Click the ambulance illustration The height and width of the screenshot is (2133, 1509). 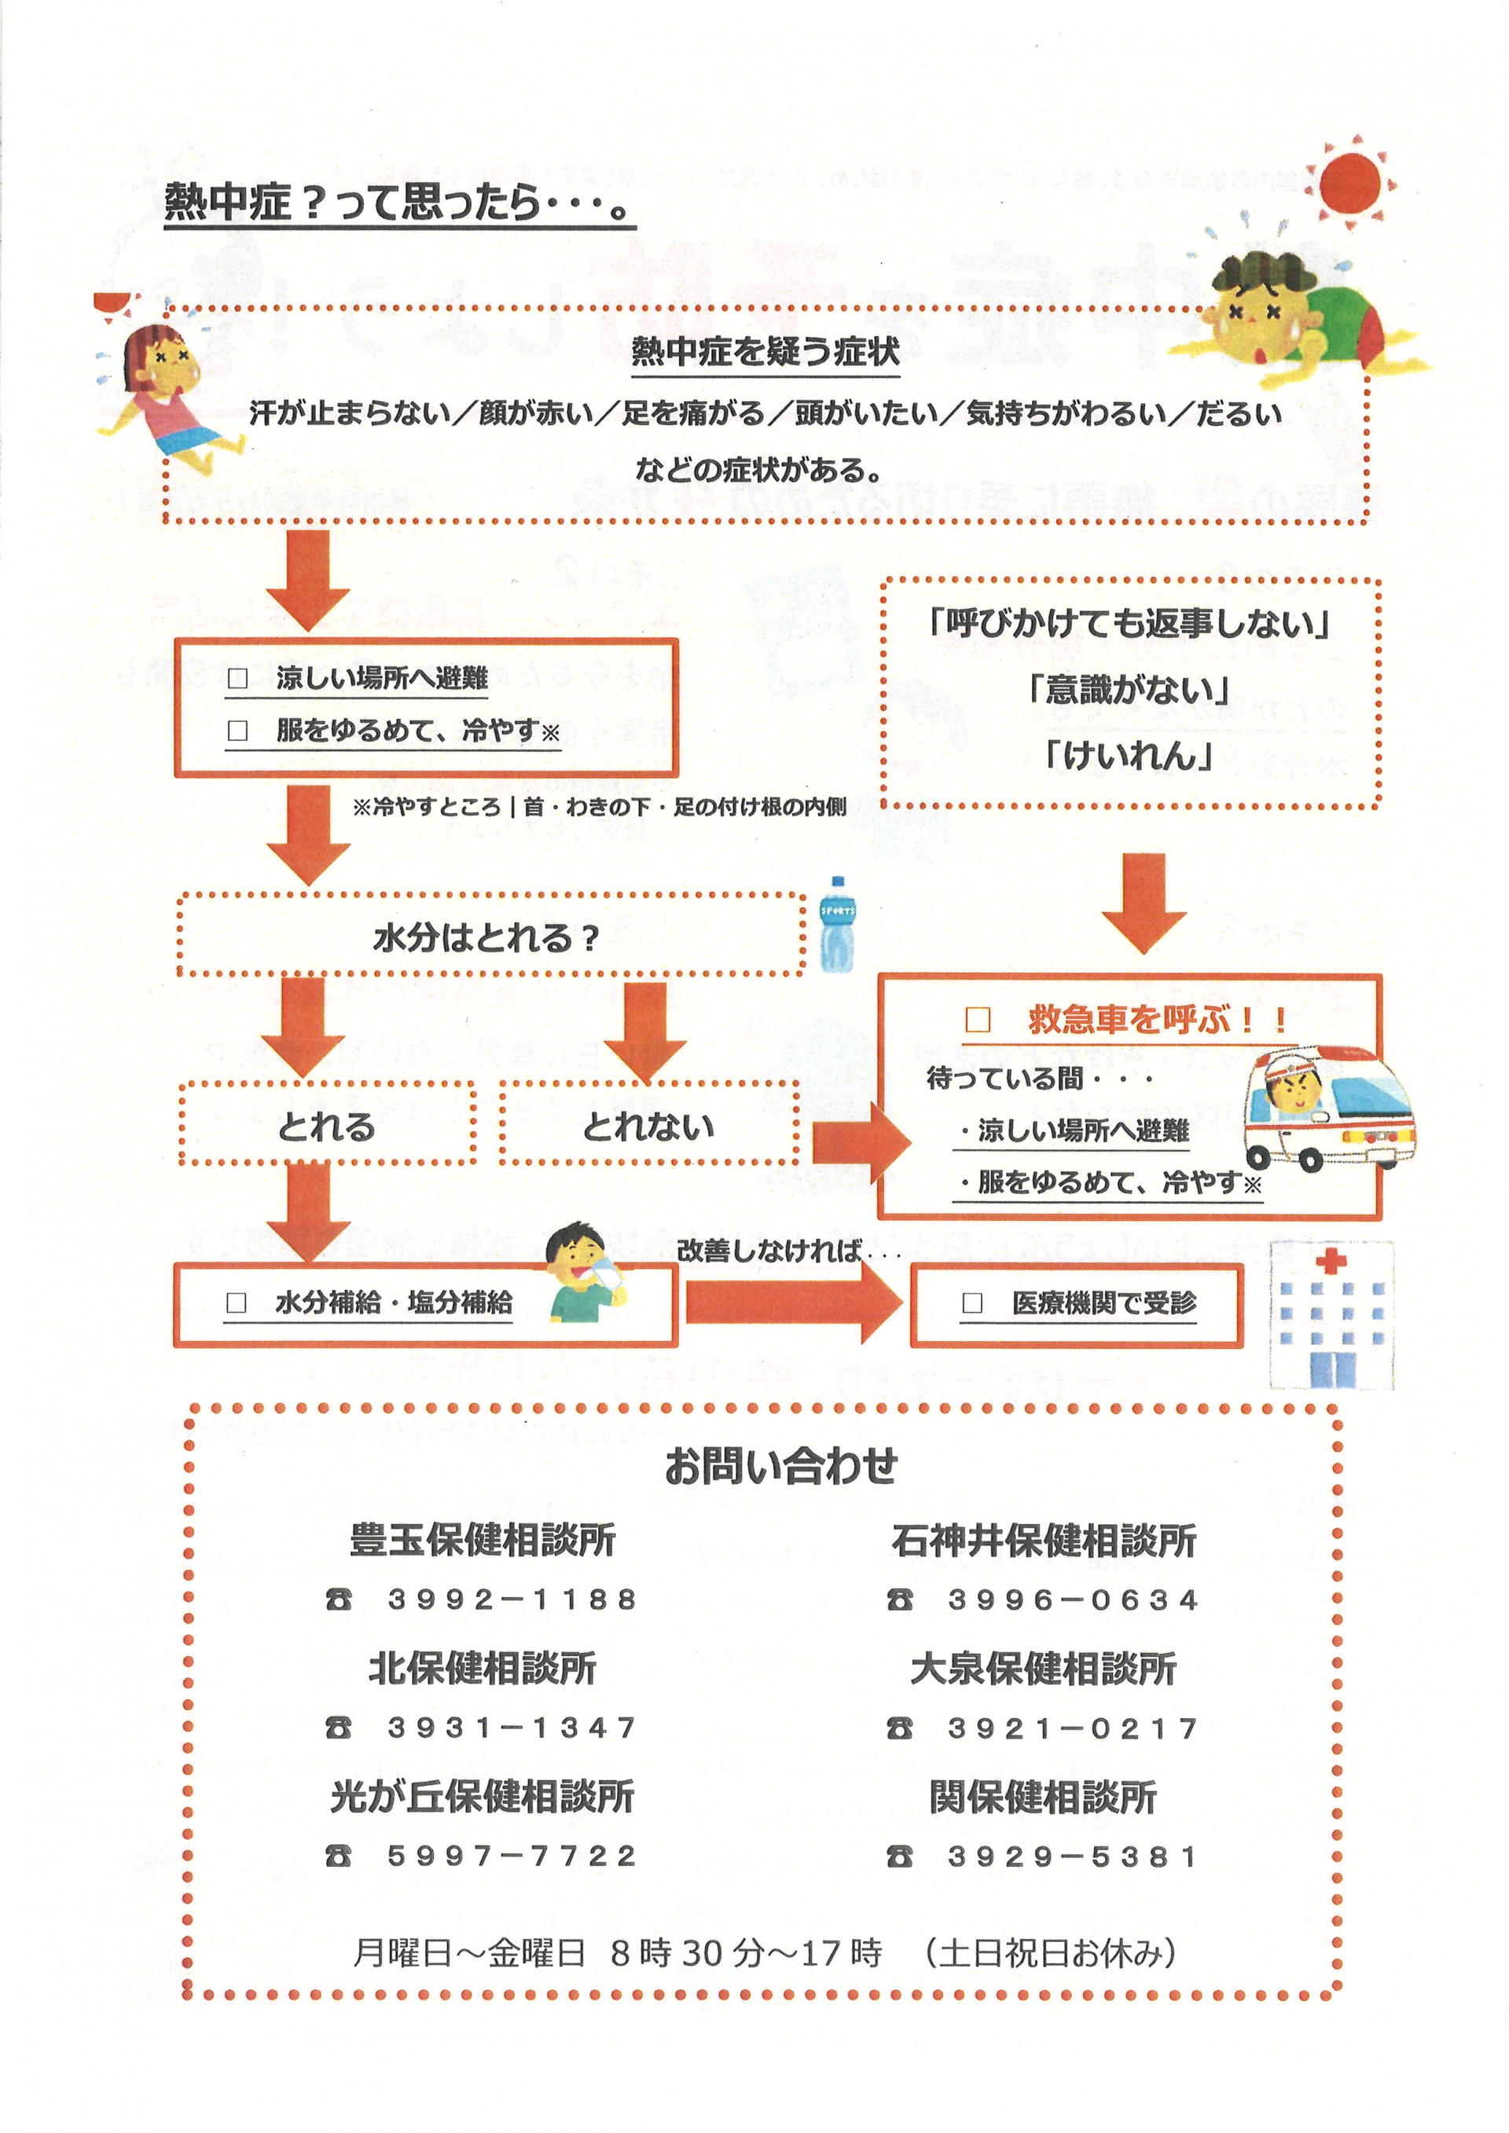pyautogui.click(x=1329, y=1109)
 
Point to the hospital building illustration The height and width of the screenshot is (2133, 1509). pyautogui.click(x=1331, y=1314)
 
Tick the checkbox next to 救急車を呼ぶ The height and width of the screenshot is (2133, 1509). pyautogui.click(x=978, y=1020)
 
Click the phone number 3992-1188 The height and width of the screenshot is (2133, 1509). pyautogui.click(x=512, y=1600)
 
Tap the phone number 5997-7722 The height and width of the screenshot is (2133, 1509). pyautogui.click(x=512, y=1856)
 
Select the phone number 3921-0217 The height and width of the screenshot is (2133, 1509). pyautogui.click(x=1074, y=1728)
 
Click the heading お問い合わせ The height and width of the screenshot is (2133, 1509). pyautogui.click(x=780, y=1467)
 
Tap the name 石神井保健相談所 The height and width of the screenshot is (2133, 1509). pyautogui.click(x=1044, y=1541)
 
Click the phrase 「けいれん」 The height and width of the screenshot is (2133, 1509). pyautogui.click(x=1129, y=757)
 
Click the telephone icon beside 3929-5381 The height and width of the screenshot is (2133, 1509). pyautogui.click(x=899, y=1856)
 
